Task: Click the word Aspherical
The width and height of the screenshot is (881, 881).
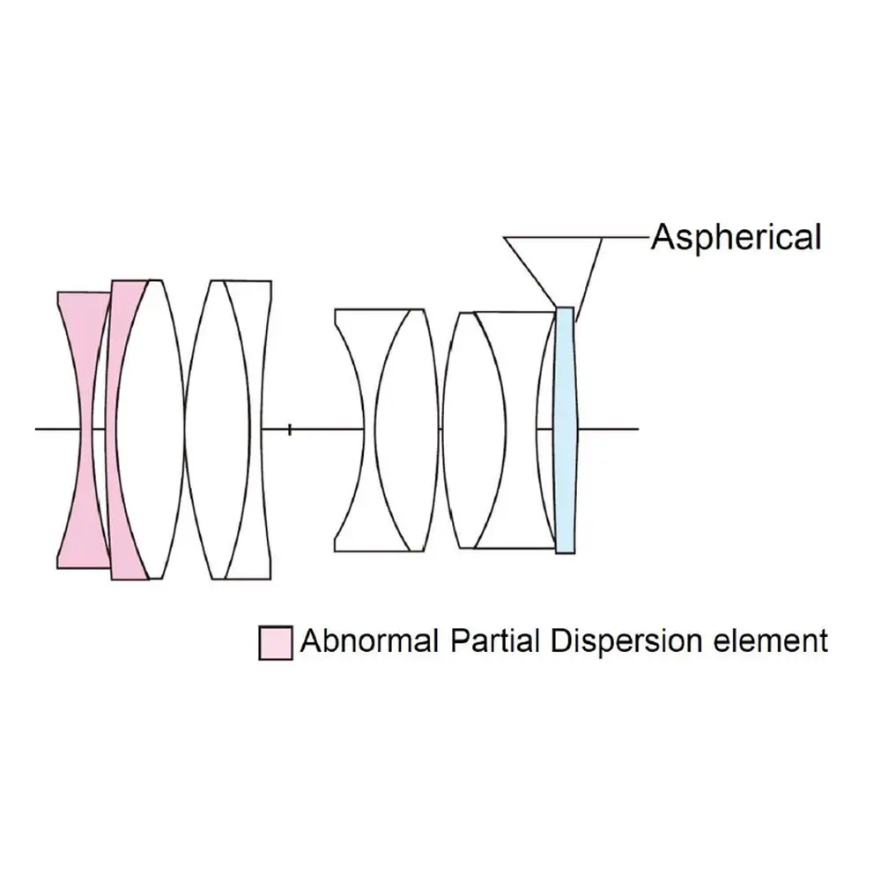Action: pyautogui.click(x=736, y=237)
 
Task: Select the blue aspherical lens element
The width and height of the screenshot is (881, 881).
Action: pyautogui.click(x=565, y=430)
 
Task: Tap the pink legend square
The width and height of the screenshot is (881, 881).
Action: pyautogui.click(x=274, y=642)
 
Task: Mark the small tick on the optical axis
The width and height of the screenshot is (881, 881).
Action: pyautogui.click(x=290, y=429)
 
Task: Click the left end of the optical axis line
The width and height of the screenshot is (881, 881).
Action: pyautogui.click(x=37, y=429)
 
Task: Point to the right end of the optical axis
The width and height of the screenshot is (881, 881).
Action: pyautogui.click(x=636, y=429)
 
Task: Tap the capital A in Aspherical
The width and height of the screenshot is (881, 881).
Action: pyautogui.click(x=662, y=237)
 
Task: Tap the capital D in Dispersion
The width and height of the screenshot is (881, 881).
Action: pyautogui.click(x=563, y=640)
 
